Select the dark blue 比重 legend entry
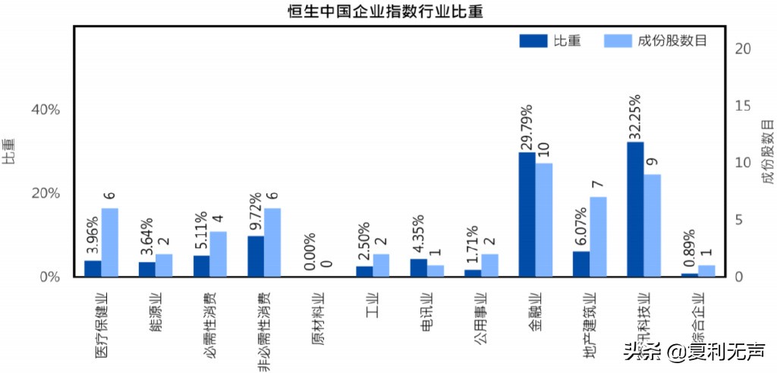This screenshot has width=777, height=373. point(550,41)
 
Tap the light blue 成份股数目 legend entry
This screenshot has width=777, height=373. point(656,41)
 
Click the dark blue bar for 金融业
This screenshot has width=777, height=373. point(527,215)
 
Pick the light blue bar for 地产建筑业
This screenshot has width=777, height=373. point(599,237)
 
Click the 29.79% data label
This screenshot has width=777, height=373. point(527,127)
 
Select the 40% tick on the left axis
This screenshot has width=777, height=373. point(45,109)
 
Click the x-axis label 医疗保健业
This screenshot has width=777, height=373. point(100,326)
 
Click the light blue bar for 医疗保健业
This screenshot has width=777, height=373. point(110,242)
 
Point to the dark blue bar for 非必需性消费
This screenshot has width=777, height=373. point(256,256)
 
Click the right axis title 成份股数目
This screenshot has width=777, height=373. point(767,152)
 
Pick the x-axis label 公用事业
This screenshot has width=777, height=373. point(481,322)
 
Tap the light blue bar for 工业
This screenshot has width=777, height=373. point(382,265)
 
